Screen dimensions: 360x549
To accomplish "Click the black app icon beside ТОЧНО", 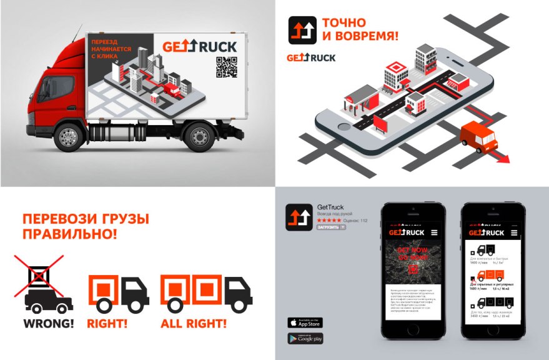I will tap(302, 30).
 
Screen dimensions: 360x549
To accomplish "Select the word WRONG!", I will tap(48, 324).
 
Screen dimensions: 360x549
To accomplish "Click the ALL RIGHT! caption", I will tap(194, 324).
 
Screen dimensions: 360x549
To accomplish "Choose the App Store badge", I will tap(305, 322).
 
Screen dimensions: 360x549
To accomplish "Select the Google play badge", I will tap(305, 338).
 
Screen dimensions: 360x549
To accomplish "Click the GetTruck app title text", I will tap(330, 207).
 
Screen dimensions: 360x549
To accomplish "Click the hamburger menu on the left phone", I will tap(434, 232).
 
